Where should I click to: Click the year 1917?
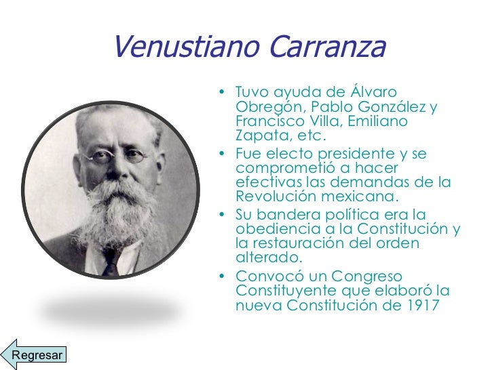coord(419,305)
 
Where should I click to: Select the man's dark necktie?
coord(109,262)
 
